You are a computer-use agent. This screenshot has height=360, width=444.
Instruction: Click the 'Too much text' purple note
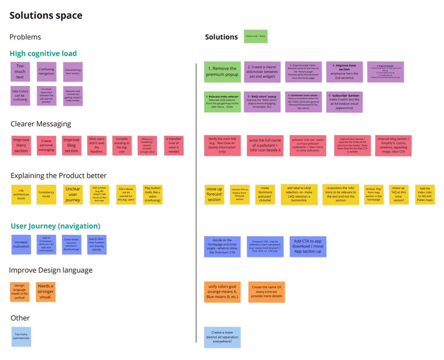tap(20, 72)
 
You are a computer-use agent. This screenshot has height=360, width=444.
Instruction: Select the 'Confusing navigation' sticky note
tap(46, 72)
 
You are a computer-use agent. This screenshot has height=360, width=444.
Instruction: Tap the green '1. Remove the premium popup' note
tap(222, 72)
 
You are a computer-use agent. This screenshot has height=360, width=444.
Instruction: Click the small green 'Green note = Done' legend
tap(256, 36)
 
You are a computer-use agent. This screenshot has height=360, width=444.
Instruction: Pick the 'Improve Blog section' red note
tap(71, 145)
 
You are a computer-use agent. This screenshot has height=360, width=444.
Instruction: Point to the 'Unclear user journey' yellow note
tap(73, 194)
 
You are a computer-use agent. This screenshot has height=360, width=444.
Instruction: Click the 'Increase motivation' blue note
tap(21, 244)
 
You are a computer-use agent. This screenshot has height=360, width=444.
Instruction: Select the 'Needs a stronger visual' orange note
tap(46, 292)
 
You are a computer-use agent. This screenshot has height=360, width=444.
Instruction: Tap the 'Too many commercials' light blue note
tap(21, 337)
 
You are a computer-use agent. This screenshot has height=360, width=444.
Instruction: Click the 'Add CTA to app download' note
tap(308, 246)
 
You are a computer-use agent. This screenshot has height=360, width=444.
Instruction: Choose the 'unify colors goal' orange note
tap(222, 292)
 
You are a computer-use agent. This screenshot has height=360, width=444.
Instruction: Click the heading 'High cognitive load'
tap(43, 53)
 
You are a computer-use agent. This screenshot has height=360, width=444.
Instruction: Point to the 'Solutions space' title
tap(46, 15)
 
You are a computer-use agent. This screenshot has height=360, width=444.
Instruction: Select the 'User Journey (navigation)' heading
tap(55, 226)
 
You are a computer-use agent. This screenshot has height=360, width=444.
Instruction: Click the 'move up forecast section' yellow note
tap(214, 194)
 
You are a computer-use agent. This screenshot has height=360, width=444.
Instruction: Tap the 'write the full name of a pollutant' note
tap(265, 145)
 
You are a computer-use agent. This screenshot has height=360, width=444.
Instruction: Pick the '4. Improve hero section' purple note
tap(344, 72)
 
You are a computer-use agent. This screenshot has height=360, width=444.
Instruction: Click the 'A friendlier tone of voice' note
tap(174, 145)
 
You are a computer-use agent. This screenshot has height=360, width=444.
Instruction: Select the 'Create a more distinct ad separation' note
tap(222, 337)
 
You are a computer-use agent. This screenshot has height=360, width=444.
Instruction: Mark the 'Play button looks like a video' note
tap(153, 194)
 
